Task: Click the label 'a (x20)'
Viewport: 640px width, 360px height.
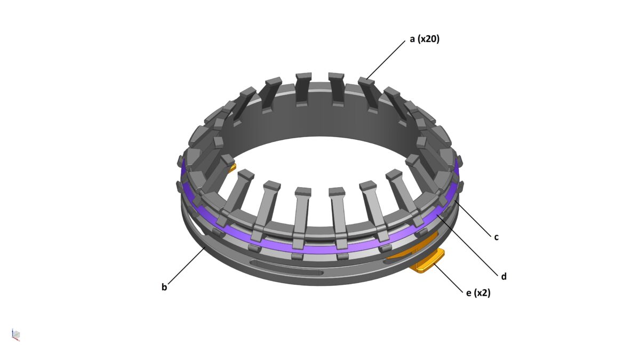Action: coord(424,39)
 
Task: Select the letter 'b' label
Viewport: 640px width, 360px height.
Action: coord(164,287)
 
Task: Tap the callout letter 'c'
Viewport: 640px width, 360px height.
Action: coord(496,237)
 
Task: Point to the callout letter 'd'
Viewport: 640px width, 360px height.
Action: coord(503,276)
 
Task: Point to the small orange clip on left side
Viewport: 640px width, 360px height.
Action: coord(231,169)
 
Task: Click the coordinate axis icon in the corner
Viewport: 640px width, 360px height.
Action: coord(16,335)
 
